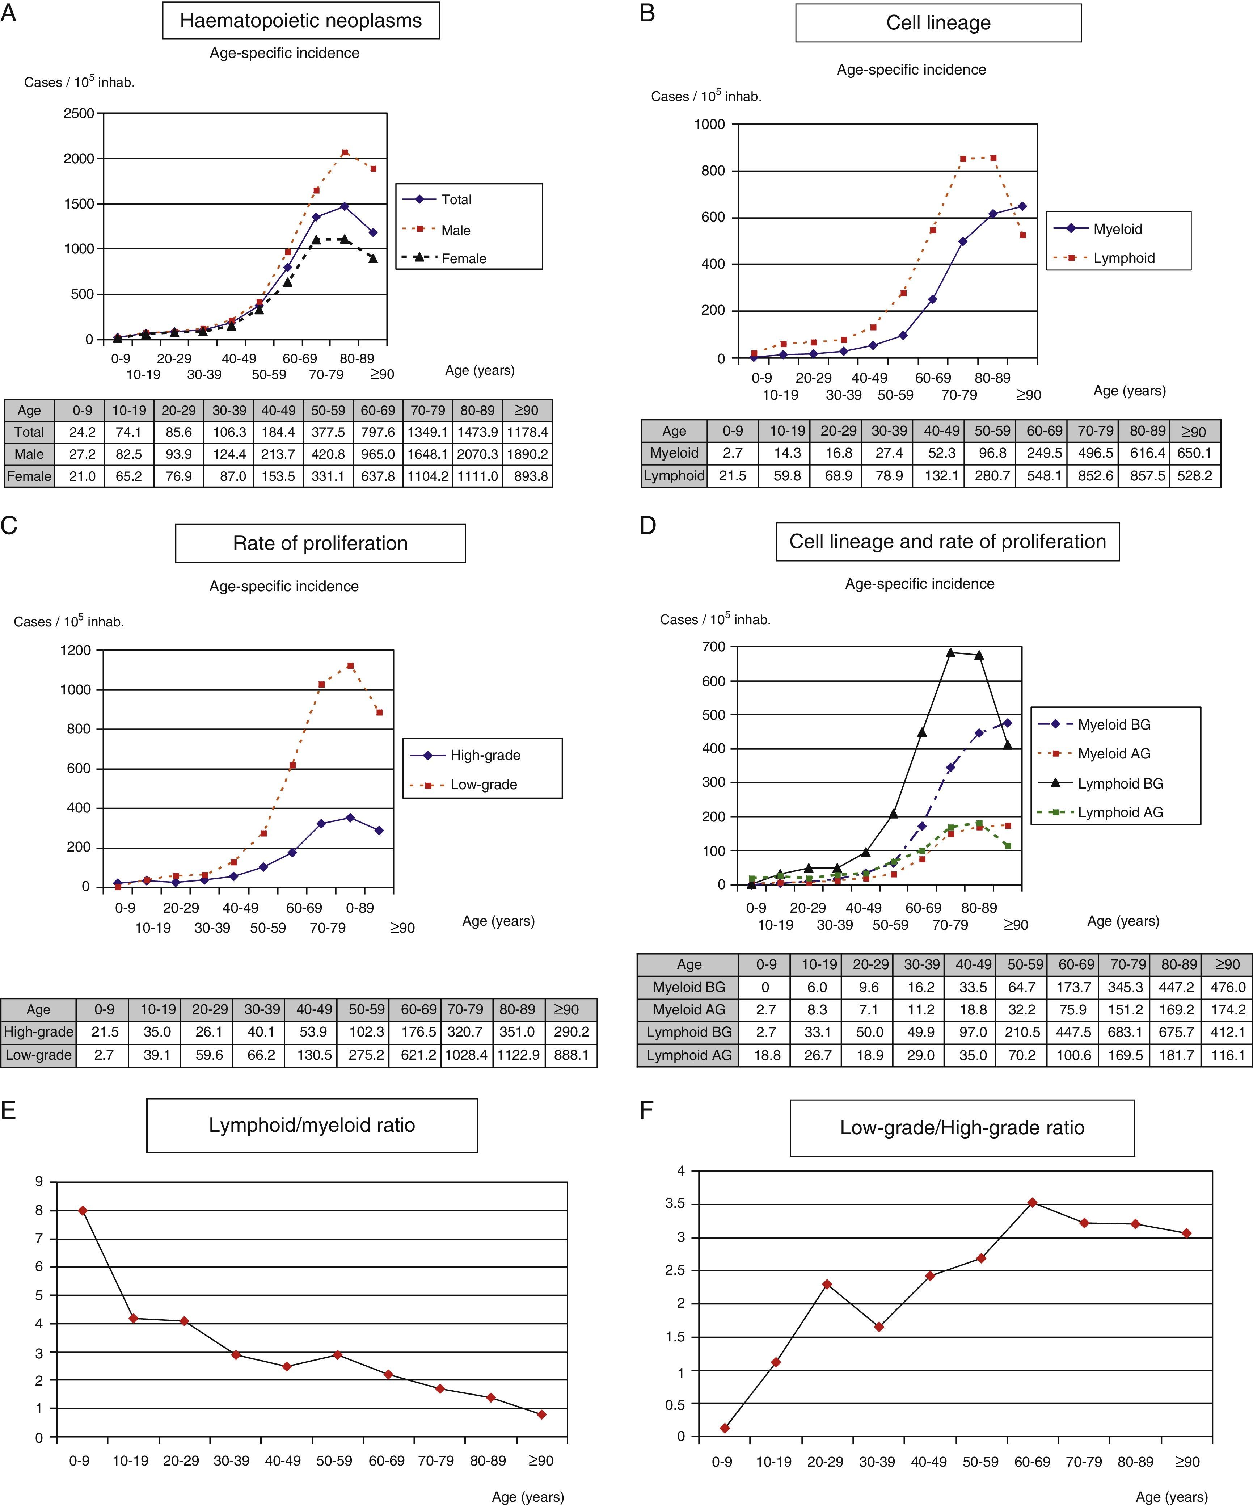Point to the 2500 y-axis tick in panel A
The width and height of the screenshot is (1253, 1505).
pos(79,113)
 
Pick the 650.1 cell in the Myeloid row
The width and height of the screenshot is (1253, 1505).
pos(1194,453)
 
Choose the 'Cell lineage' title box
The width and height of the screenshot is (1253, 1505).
pos(938,23)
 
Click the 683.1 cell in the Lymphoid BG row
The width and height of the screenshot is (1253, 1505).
pos(1126,1032)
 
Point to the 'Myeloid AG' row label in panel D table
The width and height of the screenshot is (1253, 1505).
pos(688,1010)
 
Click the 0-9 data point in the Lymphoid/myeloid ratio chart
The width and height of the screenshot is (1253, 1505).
pos(83,1210)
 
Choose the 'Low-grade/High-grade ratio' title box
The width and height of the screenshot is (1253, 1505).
pos(962,1128)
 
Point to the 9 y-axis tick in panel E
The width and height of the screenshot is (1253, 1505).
pos(39,1182)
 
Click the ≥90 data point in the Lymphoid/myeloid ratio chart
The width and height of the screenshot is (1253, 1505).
pos(541,1415)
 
